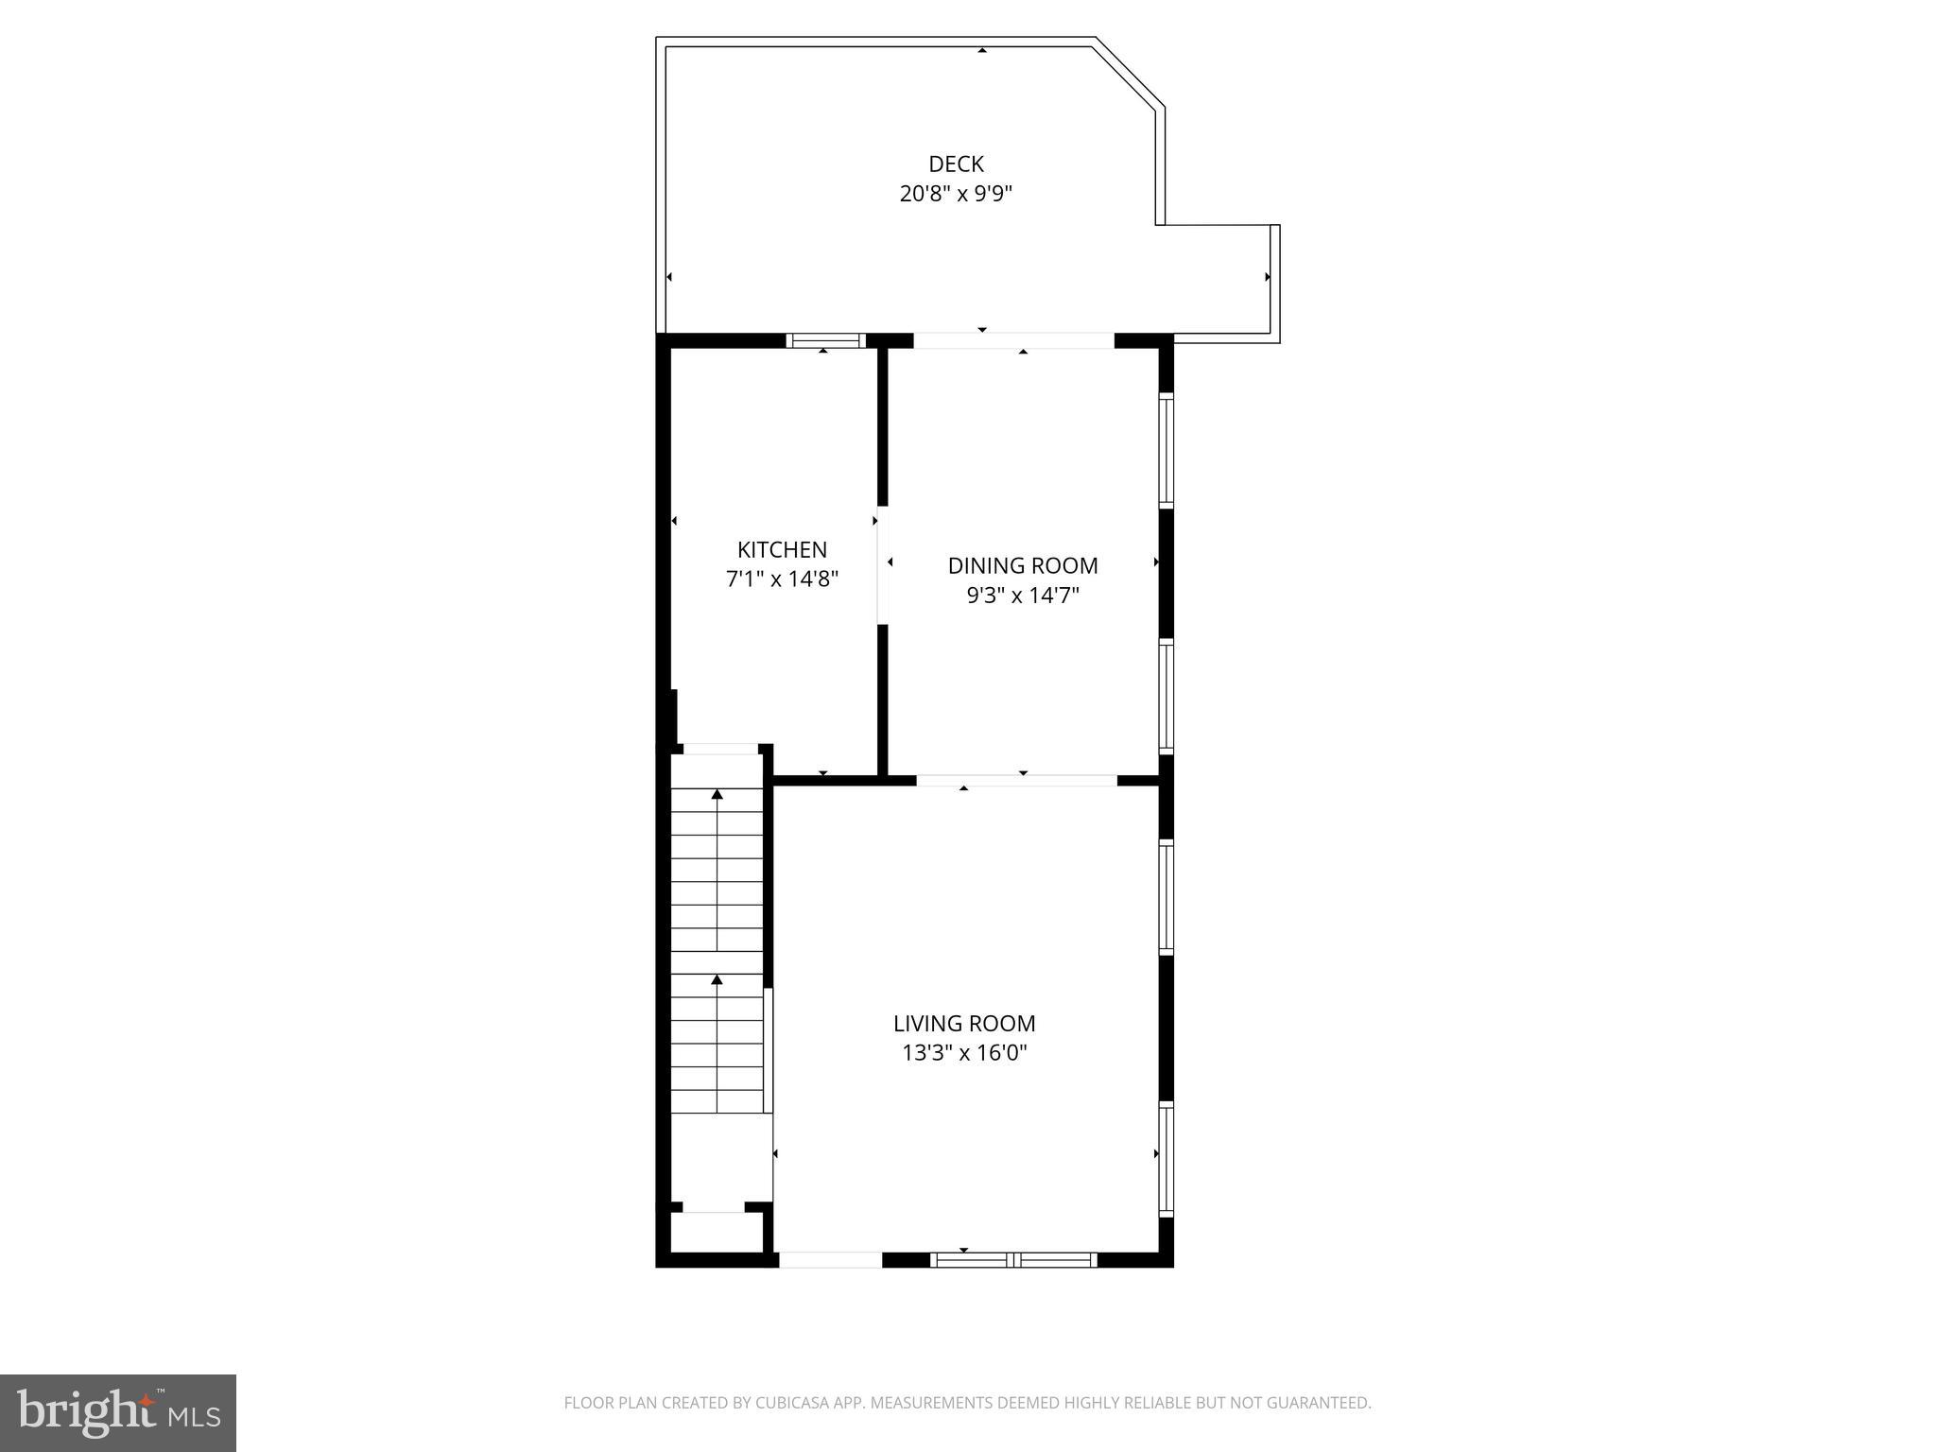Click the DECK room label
[956, 164]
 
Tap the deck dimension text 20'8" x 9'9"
[956, 195]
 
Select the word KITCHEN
[782, 550]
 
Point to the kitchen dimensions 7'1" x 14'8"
[782, 579]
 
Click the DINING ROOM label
[1023, 566]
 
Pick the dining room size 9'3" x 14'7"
[1023, 596]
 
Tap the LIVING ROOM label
[964, 1024]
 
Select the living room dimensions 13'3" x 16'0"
[964, 1053]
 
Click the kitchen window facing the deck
[825, 340]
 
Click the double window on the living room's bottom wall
[1013, 1259]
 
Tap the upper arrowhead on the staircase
[717, 795]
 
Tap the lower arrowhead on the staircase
[717, 980]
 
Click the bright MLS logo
[117, 1413]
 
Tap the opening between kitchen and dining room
[882, 565]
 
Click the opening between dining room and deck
[1013, 340]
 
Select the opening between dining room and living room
[1016, 781]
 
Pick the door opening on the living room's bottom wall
[830, 1259]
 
